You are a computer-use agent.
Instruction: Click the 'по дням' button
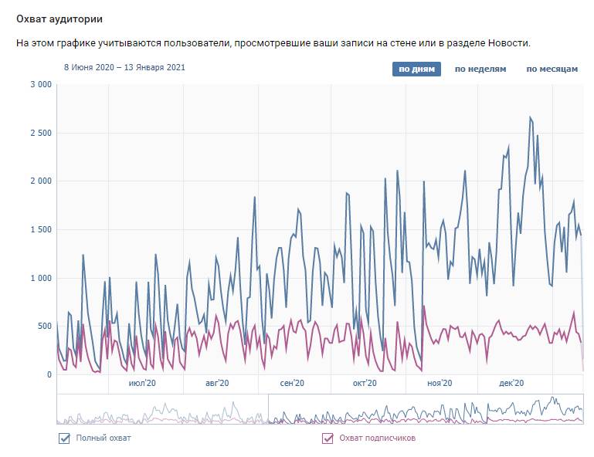(x=417, y=69)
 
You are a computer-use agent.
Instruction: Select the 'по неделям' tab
(x=480, y=69)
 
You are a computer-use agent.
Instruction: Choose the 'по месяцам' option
(x=552, y=69)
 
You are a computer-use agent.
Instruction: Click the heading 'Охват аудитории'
(x=59, y=18)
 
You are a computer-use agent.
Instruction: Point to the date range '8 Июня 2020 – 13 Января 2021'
(x=124, y=67)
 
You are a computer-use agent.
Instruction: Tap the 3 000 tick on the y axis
(x=39, y=85)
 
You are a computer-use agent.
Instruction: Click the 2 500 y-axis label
(x=39, y=134)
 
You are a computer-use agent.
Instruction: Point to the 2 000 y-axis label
(x=39, y=181)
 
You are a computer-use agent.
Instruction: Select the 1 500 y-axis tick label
(x=39, y=230)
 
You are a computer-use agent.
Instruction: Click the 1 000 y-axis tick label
(x=39, y=278)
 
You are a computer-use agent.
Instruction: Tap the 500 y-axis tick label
(x=43, y=327)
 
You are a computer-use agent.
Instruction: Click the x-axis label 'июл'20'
(x=142, y=383)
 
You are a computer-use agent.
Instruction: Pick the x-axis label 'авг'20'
(x=219, y=383)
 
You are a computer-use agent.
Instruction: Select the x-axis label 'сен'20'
(x=292, y=383)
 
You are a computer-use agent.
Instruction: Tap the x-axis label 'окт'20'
(x=365, y=383)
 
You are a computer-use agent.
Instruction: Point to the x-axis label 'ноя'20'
(x=440, y=383)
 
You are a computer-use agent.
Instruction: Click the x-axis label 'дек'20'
(x=512, y=383)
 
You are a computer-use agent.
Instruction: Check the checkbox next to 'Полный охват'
(x=64, y=438)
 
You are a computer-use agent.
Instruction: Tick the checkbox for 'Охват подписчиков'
(x=327, y=438)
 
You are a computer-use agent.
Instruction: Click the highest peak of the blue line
(x=530, y=117)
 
